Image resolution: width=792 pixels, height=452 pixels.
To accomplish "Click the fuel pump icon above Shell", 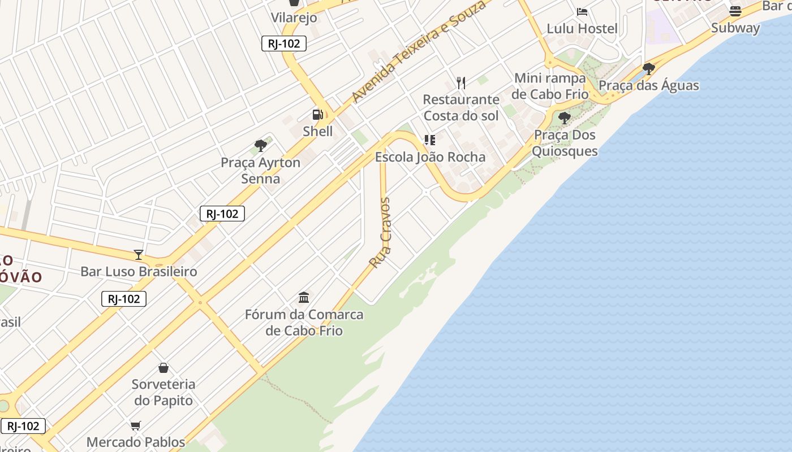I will [x=318, y=115].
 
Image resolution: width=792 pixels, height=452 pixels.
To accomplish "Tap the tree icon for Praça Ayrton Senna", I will [x=261, y=146].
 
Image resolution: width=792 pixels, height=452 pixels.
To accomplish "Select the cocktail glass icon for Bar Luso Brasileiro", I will [x=139, y=254].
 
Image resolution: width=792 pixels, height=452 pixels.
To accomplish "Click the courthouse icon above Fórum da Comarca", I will [x=304, y=297].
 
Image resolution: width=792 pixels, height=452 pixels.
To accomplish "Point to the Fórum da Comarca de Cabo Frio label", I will [x=304, y=322].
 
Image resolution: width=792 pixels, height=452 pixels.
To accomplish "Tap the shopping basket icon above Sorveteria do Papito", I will [x=163, y=368].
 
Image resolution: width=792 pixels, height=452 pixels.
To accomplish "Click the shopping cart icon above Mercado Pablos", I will [x=135, y=425].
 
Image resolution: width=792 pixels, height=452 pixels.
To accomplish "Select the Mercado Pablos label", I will [x=136, y=442].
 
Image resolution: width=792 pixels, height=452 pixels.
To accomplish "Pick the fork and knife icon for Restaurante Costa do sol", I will [x=461, y=83].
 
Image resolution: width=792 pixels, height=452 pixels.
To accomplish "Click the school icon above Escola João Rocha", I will [x=430, y=140].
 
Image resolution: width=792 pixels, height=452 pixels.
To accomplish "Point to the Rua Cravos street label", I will [x=381, y=232].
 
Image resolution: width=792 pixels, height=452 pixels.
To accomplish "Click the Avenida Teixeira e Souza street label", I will [x=418, y=51].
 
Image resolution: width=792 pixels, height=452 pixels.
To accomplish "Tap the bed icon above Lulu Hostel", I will [x=582, y=12].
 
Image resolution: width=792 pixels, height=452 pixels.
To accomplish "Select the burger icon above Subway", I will [x=735, y=11].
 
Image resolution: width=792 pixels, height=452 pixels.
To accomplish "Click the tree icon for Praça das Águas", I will [x=649, y=69].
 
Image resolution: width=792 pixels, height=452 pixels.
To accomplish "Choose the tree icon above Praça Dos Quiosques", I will [x=564, y=118].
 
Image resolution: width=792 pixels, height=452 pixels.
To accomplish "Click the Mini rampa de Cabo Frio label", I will [x=550, y=86].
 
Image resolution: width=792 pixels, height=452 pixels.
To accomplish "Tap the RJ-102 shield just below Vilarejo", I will [x=284, y=44].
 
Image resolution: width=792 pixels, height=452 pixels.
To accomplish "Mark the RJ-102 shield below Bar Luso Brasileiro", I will [x=124, y=299].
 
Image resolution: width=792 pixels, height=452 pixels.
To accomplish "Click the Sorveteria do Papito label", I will [x=163, y=392].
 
